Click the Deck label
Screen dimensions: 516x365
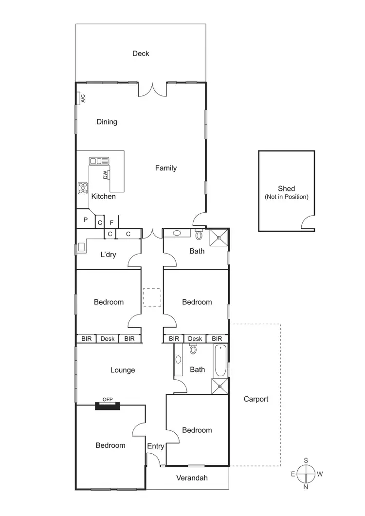pos(141,54)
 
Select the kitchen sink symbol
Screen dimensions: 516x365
pos(99,161)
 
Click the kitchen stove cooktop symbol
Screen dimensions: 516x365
pos(83,188)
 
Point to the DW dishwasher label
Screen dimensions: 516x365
pos(105,175)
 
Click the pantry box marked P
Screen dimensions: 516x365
pos(85,220)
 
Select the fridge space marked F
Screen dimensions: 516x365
pos(111,222)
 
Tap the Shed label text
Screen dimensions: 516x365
pos(286,189)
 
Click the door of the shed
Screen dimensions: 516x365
pos(307,223)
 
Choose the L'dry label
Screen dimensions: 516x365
pos(108,254)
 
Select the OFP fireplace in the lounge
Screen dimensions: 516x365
pos(107,405)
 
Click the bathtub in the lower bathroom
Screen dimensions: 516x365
pos(220,360)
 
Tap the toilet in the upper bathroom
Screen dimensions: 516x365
pos(199,235)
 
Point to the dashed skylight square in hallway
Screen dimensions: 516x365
pos(152,297)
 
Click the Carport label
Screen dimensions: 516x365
pos(255,399)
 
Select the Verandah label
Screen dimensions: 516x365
pos(192,478)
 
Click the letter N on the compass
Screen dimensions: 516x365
pos(306,486)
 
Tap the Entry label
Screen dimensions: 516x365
pos(156,446)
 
